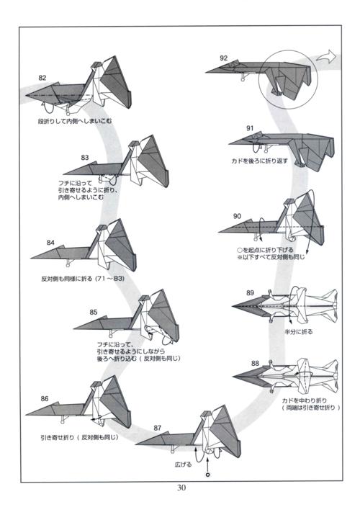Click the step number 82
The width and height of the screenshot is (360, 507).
(x=42, y=78)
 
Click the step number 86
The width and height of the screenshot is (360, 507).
(x=45, y=398)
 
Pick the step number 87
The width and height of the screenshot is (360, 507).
(x=158, y=428)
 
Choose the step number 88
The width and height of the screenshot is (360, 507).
(x=255, y=364)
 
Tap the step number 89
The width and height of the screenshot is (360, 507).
(x=250, y=292)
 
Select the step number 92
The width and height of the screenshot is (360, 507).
(x=224, y=58)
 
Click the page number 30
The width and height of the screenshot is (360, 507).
(x=181, y=488)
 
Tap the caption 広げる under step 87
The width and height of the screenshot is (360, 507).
(x=184, y=465)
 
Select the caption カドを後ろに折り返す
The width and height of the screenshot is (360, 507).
(x=259, y=161)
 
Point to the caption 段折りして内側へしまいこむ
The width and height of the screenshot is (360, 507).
(x=75, y=121)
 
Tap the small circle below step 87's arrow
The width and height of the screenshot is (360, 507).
(x=208, y=475)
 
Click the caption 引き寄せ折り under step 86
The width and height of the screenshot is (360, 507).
(x=79, y=437)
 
